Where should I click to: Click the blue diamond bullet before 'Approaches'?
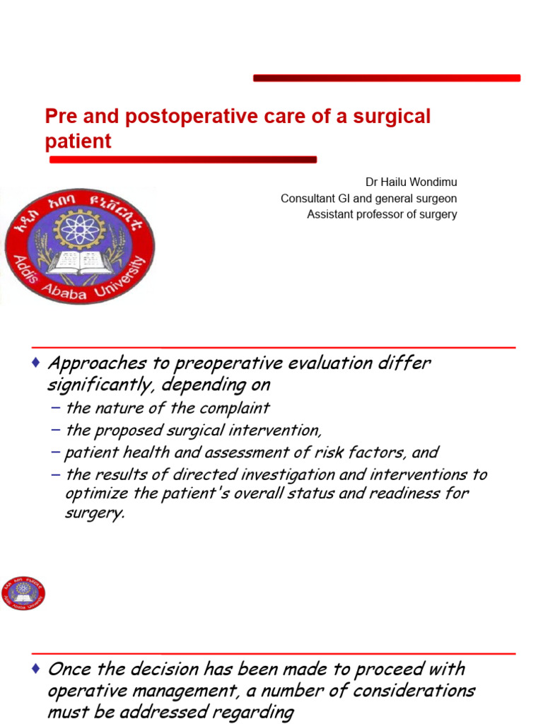click(36, 363)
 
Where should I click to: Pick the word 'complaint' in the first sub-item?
click(237, 408)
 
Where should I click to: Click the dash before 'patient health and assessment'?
click(57, 452)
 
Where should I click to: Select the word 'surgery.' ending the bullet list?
click(94, 513)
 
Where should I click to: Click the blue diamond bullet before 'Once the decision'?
click(36, 669)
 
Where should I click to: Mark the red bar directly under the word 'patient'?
click(182, 160)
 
